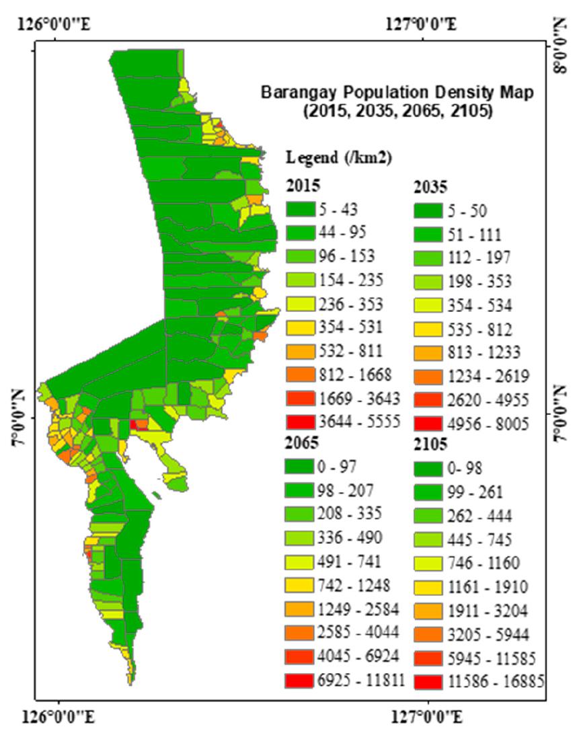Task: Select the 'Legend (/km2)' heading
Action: pos(339,158)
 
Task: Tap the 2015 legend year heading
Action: pos(303,186)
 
